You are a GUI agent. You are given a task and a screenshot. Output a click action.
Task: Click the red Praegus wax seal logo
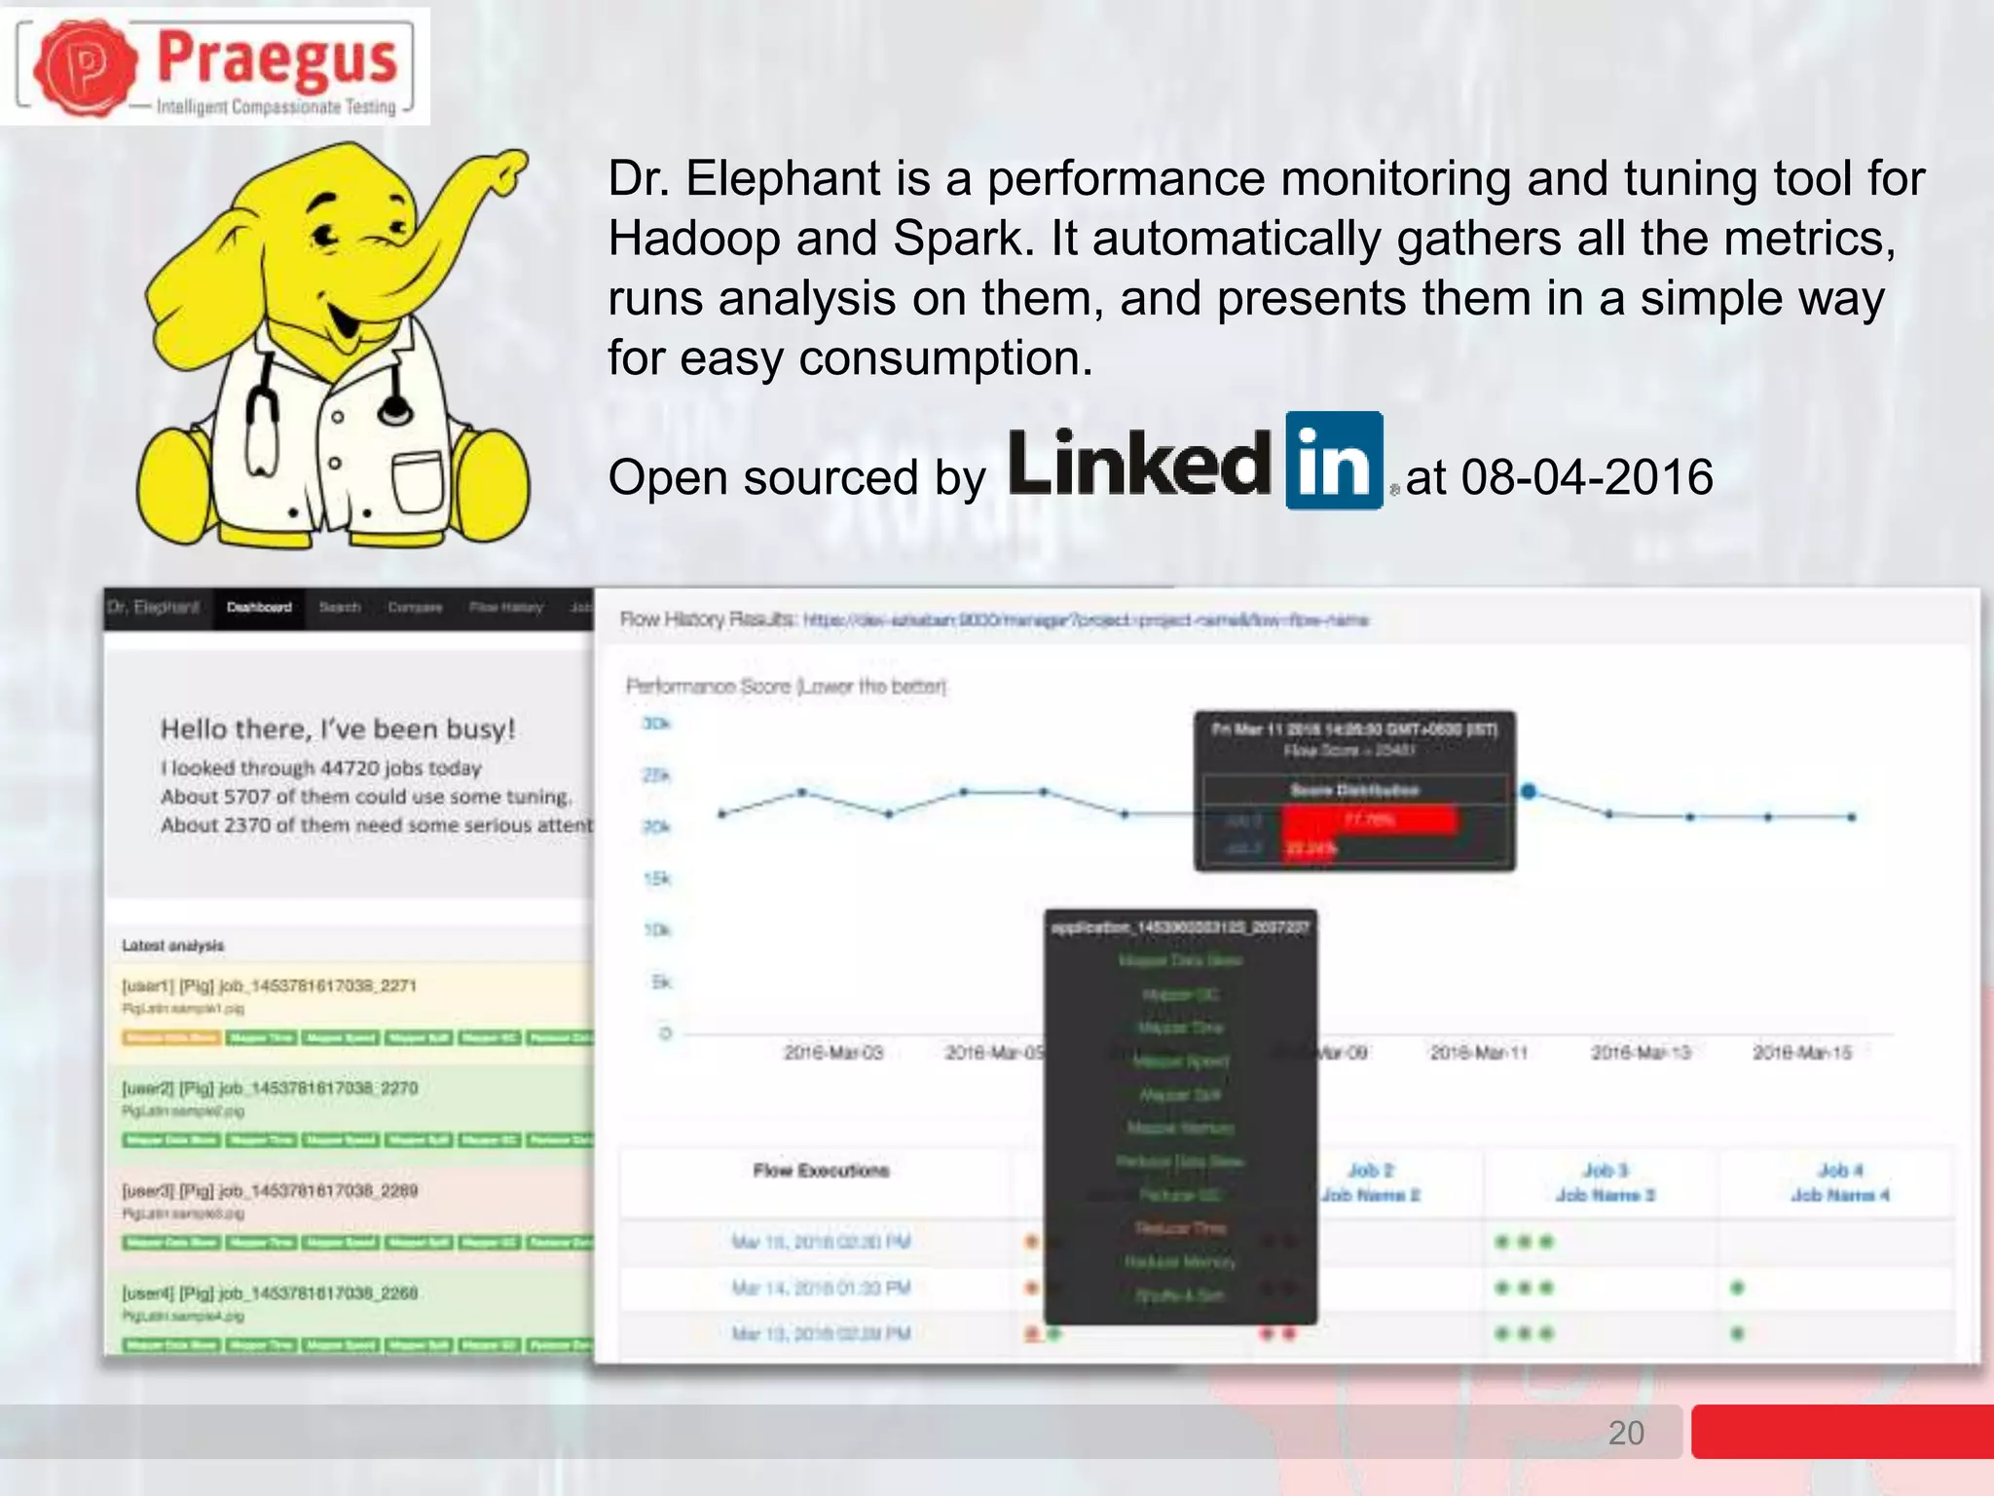point(86,66)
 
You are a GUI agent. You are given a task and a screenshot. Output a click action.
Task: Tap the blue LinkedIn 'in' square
point(1334,461)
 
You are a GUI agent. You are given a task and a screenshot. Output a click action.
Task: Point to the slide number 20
point(1626,1433)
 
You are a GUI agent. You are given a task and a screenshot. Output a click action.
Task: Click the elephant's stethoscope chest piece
point(395,410)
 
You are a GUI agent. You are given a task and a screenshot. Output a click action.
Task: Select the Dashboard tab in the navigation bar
point(259,608)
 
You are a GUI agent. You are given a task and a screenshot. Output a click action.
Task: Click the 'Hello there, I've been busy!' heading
point(338,729)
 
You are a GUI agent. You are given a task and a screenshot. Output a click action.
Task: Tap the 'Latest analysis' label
point(173,946)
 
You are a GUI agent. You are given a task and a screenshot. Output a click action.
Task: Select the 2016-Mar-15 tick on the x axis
point(1802,1053)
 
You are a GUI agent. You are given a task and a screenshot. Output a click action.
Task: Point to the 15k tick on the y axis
point(657,879)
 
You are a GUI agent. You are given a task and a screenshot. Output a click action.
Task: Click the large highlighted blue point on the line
point(1529,792)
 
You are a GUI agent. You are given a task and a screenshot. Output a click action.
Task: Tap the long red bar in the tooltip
point(1370,820)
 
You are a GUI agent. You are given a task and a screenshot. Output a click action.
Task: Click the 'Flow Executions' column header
point(821,1171)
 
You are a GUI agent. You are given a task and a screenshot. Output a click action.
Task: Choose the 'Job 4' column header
point(1839,1171)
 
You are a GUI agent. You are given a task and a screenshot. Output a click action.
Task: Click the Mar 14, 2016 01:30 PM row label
point(821,1289)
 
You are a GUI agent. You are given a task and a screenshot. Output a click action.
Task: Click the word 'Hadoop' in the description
point(694,239)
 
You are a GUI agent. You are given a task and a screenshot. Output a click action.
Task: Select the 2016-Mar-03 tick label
point(833,1053)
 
